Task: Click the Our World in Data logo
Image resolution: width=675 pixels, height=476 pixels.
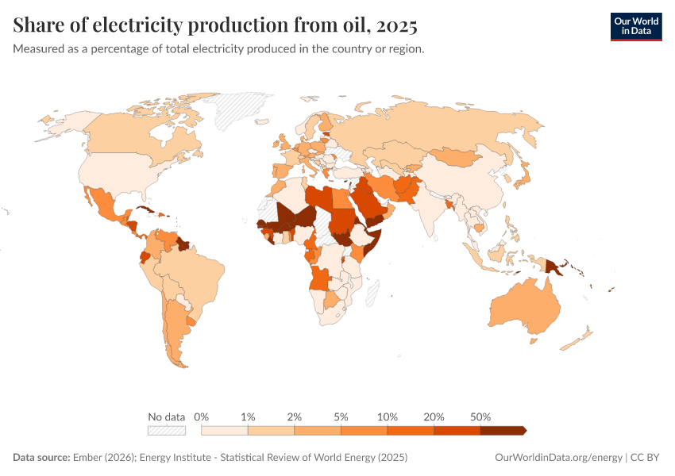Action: (x=635, y=26)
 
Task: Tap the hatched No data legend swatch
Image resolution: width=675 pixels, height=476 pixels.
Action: (x=166, y=430)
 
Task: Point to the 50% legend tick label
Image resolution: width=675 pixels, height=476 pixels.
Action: (x=480, y=416)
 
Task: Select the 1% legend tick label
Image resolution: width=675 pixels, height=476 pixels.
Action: (x=248, y=416)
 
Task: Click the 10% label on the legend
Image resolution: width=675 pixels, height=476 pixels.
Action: (x=388, y=416)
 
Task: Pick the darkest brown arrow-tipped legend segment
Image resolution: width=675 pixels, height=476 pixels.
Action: (x=502, y=430)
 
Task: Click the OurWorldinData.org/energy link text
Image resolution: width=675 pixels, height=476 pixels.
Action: (x=557, y=458)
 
